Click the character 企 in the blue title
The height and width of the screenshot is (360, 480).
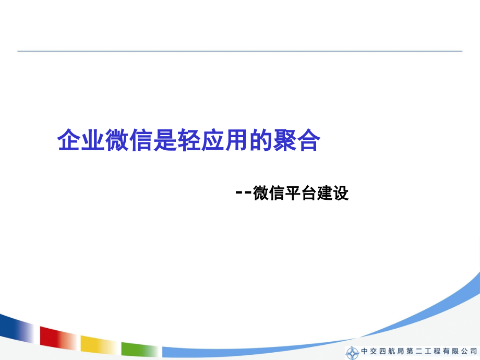tap(68, 140)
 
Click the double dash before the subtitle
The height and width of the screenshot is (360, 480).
tap(243, 193)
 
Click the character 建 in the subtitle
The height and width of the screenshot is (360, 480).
tap(323, 193)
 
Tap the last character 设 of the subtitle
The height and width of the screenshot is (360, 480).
tap(340, 193)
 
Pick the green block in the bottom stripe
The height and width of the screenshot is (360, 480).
tap(139, 349)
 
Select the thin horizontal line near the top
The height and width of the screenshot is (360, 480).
tap(240, 51)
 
